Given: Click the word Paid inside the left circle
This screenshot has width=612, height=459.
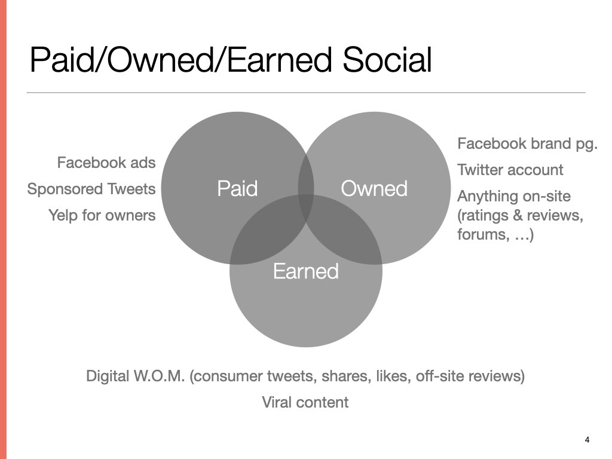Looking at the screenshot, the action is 237,188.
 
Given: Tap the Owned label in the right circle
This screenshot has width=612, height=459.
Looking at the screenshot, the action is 374,188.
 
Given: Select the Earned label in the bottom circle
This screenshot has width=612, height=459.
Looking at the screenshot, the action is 305,271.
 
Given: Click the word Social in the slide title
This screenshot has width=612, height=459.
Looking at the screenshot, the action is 387,60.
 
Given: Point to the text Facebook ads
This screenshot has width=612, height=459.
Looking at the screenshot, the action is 106,163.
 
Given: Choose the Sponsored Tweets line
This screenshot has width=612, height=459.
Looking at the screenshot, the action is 91,189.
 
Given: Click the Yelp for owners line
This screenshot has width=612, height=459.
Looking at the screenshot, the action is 102,215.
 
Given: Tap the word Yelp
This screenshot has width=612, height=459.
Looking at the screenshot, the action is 63,215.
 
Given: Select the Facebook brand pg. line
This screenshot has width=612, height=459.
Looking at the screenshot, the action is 527,144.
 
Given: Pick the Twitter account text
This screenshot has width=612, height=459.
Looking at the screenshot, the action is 510,170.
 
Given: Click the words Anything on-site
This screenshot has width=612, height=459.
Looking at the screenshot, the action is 514,196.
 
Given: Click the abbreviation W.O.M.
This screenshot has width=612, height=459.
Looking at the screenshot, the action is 159,376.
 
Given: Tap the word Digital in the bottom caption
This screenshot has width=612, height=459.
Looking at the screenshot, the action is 108,377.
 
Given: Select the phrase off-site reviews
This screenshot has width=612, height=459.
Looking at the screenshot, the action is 470,376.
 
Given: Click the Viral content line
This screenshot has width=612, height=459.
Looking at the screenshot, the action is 305,402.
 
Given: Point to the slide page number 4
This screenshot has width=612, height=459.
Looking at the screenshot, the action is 587,440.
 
